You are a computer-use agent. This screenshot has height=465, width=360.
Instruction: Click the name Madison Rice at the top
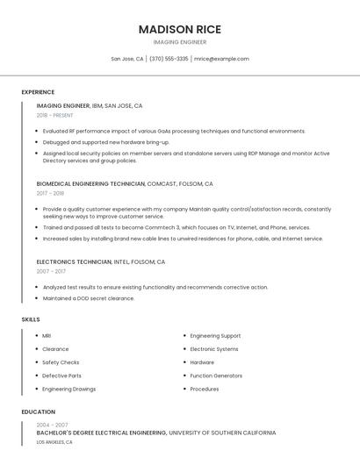click(180, 29)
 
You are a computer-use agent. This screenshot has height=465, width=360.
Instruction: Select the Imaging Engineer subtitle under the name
click(180, 42)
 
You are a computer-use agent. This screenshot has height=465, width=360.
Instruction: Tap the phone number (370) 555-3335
click(169, 59)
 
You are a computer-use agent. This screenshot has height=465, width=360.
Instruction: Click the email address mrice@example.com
click(221, 59)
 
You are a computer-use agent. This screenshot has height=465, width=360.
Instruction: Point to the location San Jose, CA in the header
click(127, 59)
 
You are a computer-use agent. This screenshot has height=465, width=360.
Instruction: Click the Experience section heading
click(38, 92)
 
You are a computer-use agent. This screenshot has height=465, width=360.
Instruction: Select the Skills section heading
click(31, 319)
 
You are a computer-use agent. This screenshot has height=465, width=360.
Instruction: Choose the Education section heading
click(38, 411)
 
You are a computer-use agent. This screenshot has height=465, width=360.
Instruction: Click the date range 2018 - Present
click(55, 115)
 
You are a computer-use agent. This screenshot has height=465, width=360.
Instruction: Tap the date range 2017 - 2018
click(50, 193)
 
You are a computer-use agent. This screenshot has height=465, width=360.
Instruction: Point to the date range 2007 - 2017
click(50, 271)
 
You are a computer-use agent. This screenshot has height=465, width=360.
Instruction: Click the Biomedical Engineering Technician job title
click(91, 184)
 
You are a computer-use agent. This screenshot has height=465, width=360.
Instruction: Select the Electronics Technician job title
click(75, 261)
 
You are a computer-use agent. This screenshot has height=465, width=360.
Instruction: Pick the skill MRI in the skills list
click(47, 336)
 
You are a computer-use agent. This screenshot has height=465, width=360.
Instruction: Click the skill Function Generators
click(216, 376)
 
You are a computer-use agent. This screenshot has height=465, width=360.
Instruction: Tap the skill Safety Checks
click(61, 362)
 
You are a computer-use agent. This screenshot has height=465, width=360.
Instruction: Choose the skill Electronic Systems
click(213, 349)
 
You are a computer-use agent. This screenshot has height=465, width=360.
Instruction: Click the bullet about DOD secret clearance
click(88, 298)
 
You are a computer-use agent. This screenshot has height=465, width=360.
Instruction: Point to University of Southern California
click(222, 433)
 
